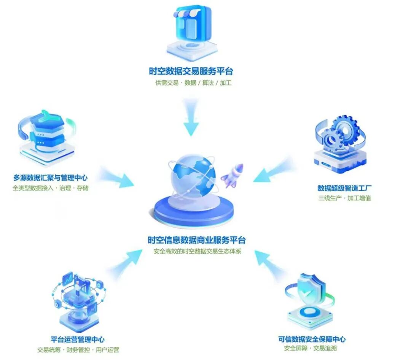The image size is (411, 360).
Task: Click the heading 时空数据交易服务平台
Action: pos(191,71)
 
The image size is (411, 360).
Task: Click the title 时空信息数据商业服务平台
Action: pos(197,240)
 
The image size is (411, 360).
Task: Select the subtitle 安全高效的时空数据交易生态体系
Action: pos(198,251)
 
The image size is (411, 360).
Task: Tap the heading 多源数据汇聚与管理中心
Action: pos(50,178)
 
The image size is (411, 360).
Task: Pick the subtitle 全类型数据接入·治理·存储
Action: pos(50,188)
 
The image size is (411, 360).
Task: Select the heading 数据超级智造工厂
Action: pos(344,188)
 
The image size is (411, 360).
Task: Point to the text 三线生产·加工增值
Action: pos(344,198)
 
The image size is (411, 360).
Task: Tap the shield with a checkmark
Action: pos(311,290)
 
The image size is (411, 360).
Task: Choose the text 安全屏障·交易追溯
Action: pos(310,348)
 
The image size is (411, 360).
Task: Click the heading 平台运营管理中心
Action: pos(77,339)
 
